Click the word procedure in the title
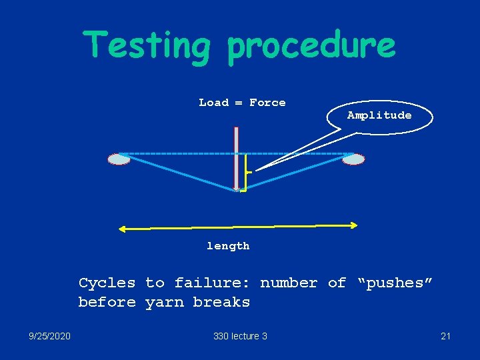click(311, 45)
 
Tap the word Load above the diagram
click(213, 103)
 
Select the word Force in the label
click(267, 103)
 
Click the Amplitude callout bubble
click(379, 115)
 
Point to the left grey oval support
click(119, 159)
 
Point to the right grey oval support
click(353, 159)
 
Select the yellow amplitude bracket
click(245, 173)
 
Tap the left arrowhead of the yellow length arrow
click(122, 229)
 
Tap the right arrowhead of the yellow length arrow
click(355, 225)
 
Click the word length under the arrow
click(228, 246)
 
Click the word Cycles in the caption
click(107, 283)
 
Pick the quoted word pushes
click(396, 283)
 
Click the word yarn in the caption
click(165, 302)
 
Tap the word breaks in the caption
click(221, 302)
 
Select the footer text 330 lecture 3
click(240, 336)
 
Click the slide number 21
click(445, 336)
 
